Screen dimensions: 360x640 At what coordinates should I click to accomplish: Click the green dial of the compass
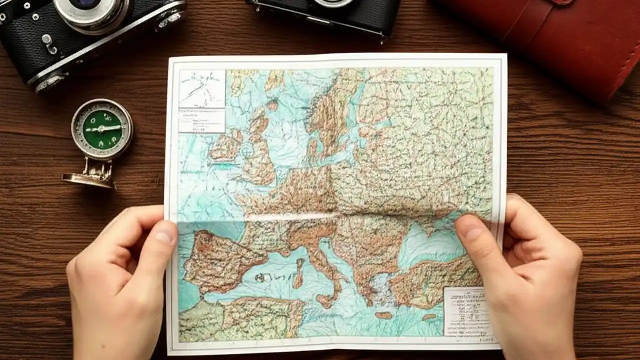[x=102, y=129]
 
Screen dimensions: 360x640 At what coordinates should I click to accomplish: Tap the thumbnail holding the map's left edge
[x=165, y=234]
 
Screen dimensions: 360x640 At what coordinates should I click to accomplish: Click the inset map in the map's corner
[x=202, y=89]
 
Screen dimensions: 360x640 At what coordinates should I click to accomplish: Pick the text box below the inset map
[x=201, y=120]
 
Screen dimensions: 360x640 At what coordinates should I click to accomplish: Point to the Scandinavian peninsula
[x=330, y=110]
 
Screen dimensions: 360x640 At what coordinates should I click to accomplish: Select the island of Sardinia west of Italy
[x=298, y=272]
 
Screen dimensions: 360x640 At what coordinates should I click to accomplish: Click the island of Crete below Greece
[x=384, y=315]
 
